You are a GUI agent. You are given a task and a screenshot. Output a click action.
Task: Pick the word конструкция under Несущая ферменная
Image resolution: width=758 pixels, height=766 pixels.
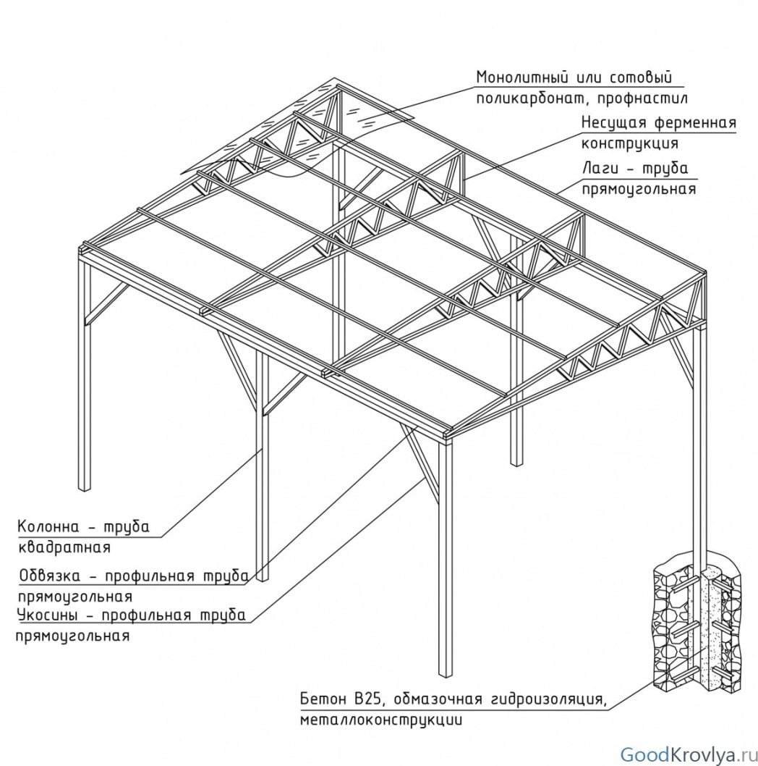pos(629,143)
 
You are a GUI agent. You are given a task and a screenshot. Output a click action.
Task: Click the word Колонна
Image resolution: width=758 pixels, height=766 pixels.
pos(47,526)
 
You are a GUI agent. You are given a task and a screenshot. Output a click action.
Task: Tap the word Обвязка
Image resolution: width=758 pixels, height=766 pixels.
pos(51,576)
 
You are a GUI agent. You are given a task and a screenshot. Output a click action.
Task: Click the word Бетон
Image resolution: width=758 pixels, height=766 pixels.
pos(323,700)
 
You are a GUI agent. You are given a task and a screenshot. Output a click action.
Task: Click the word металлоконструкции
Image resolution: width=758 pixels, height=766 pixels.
pos(380,720)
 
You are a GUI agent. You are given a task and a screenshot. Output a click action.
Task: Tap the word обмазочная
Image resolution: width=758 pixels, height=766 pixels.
pos(433,700)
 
